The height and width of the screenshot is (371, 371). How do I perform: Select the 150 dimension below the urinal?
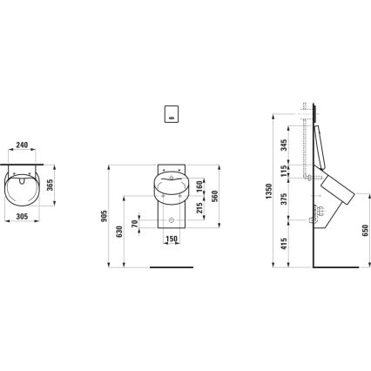point(172,239)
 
